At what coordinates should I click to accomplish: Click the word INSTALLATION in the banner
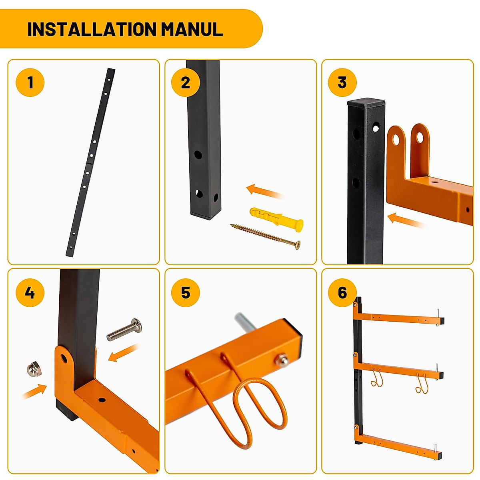pyautogui.click(x=92, y=29)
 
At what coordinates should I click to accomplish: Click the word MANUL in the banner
pyautogui.click(x=192, y=29)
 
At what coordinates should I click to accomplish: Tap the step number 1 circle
pyautogui.click(x=30, y=82)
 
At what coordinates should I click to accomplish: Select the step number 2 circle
pyautogui.click(x=186, y=82)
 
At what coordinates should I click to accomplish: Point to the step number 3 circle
pyautogui.click(x=342, y=82)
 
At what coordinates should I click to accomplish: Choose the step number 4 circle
pyautogui.click(x=30, y=292)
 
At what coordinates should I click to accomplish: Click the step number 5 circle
pyautogui.click(x=186, y=292)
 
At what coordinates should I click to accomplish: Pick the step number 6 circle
pyautogui.click(x=342, y=292)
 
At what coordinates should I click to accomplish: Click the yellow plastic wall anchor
pyautogui.click(x=276, y=219)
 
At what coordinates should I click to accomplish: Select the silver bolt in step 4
pyautogui.click(x=124, y=330)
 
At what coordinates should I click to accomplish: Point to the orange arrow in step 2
pyautogui.click(x=264, y=191)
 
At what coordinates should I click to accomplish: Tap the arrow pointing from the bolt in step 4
pyautogui.click(x=123, y=353)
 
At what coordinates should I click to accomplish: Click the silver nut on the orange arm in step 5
pyautogui.click(x=282, y=360)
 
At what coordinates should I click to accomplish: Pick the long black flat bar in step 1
pyautogui.click(x=91, y=162)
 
